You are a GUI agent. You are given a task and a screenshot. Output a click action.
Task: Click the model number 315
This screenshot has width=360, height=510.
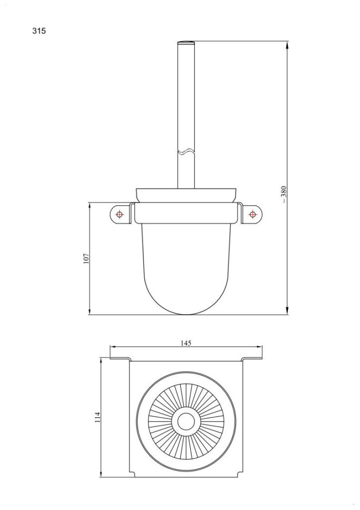click(39, 31)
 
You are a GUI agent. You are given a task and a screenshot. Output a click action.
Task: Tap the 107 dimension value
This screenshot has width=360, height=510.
click(85, 258)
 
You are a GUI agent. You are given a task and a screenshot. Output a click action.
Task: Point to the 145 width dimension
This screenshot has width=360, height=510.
click(186, 343)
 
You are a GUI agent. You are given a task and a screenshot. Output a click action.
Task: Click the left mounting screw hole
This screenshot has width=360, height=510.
click(119, 214)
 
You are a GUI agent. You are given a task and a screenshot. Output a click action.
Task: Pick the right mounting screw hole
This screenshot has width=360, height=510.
click(252, 214)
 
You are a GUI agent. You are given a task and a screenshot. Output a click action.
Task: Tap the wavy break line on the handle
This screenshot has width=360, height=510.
click(186, 151)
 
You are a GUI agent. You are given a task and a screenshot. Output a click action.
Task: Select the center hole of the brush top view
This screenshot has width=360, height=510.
click(186, 421)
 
